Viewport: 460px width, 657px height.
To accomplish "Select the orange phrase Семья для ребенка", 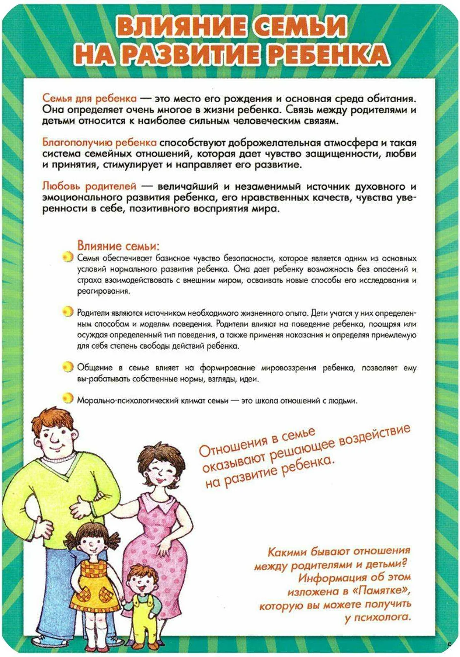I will tap(89, 99).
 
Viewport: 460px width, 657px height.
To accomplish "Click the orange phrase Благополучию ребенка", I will tap(99, 142).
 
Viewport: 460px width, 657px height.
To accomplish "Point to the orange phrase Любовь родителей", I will tap(89, 186).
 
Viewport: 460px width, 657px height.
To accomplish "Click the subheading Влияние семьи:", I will tap(118, 246).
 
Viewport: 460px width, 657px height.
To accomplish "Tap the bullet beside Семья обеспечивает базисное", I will tap(67, 257).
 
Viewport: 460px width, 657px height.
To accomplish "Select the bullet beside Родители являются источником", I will tap(67, 312).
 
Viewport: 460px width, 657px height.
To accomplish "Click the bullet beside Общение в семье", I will tap(67, 366).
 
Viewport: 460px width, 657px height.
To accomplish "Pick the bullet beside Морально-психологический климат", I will tap(67, 398).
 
